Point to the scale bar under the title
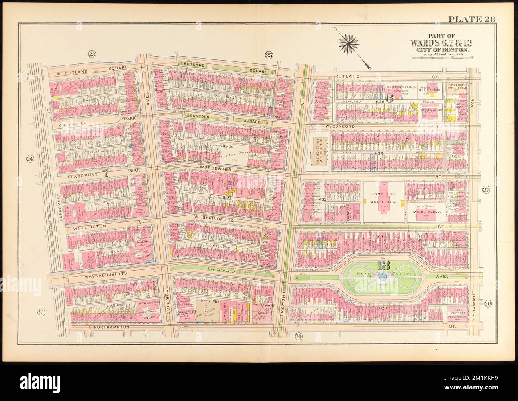[x=441, y=58]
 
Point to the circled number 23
[x=92, y=55]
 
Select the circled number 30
[x=299, y=336]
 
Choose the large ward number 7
[x=105, y=173]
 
